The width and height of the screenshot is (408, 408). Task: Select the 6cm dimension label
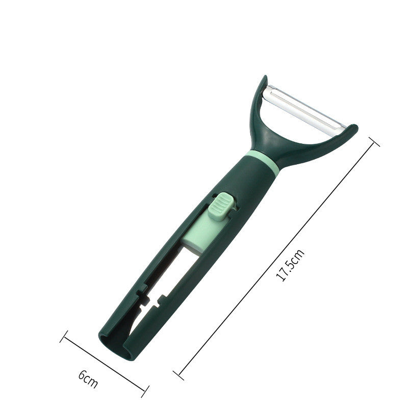click(87, 378)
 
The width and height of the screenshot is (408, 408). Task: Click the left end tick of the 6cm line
click(64, 337)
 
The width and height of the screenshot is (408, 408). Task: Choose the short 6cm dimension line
click(104, 365)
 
